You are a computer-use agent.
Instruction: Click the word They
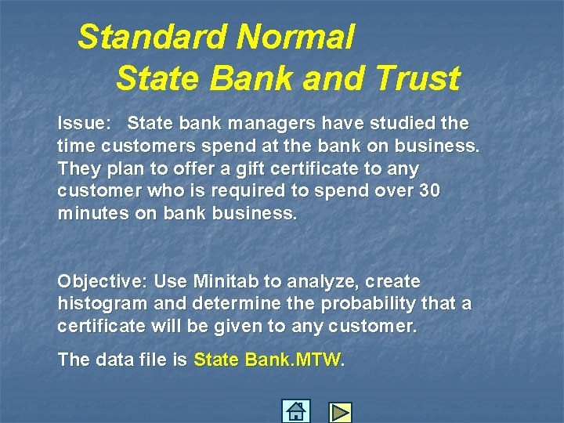pos(78,168)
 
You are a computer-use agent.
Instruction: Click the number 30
pos(428,191)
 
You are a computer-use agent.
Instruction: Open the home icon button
pos(296,411)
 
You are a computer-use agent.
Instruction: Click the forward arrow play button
pos(340,412)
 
